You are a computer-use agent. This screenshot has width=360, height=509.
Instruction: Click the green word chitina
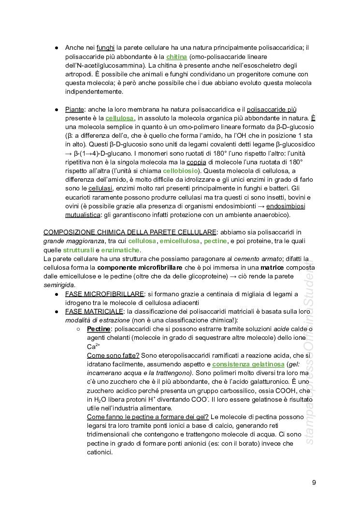click(x=176, y=57)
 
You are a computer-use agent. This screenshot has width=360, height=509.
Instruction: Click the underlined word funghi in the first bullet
click(x=105, y=48)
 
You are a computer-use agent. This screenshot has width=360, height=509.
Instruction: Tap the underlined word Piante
click(x=74, y=109)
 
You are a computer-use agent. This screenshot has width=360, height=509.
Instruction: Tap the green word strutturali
click(x=78, y=250)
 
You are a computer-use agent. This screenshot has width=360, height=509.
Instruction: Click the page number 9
click(x=314, y=482)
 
